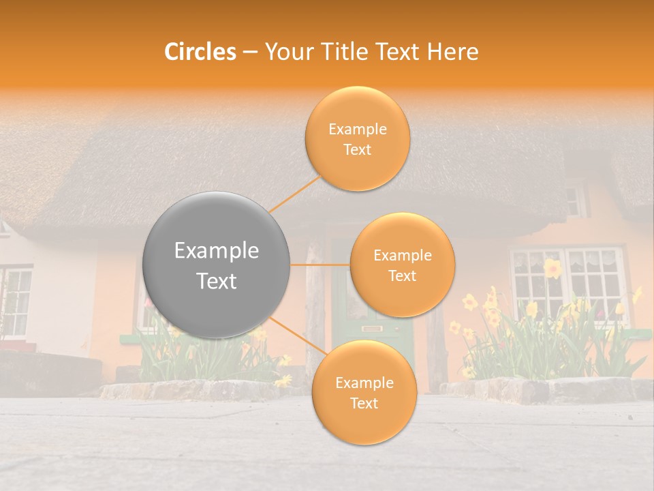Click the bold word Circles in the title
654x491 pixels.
coord(200,52)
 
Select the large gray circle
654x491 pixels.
coord(217,265)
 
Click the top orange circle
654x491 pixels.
coord(357,138)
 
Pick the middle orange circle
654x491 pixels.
coord(402,265)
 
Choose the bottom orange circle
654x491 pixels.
coord(364,392)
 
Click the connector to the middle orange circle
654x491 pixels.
coord(320,265)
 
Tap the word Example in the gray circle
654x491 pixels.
coord(217,251)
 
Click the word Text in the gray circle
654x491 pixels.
coord(217,281)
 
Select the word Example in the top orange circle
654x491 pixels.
coord(357,129)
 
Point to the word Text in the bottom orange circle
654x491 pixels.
coord(364,403)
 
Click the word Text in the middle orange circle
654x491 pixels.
coord(402,276)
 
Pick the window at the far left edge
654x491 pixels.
coord(15,300)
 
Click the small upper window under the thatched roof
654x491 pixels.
coord(574,200)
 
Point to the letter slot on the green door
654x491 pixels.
coord(371,329)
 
